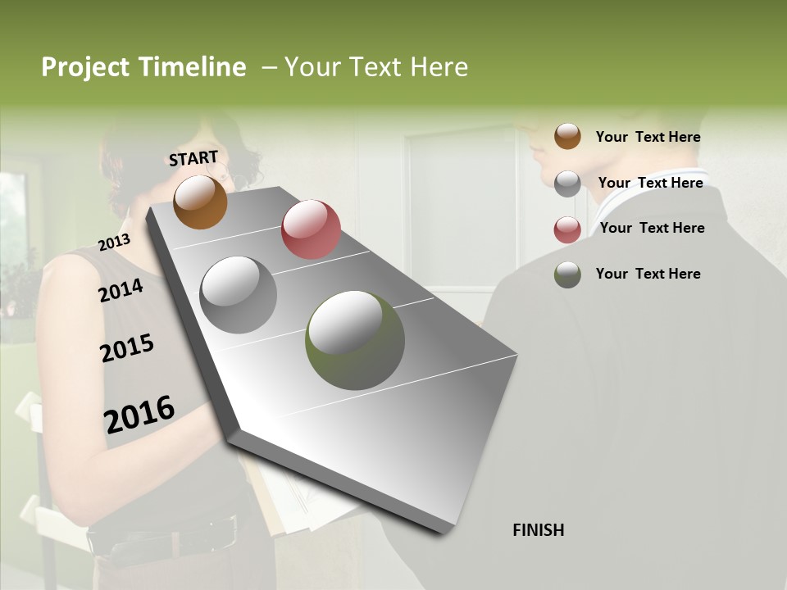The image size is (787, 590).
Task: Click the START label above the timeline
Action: [193, 158]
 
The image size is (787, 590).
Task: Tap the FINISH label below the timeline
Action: [539, 530]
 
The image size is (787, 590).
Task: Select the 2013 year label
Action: [114, 242]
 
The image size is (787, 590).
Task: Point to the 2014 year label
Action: [121, 290]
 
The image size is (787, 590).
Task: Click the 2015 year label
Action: [126, 348]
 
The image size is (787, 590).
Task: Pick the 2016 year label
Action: [139, 414]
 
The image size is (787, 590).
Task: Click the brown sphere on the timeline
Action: [200, 202]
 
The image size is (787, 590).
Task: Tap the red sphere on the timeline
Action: [311, 229]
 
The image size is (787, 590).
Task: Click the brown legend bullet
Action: [567, 136]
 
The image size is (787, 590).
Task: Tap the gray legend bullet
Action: [567, 184]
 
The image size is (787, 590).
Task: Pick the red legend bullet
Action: [567, 229]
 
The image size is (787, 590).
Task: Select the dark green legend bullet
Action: [567, 275]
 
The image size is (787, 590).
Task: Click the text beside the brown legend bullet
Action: [648, 137]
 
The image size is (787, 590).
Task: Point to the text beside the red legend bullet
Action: [652, 228]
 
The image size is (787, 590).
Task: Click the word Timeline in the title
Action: [193, 67]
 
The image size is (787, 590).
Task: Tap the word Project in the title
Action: [85, 67]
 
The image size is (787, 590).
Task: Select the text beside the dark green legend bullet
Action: [648, 274]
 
